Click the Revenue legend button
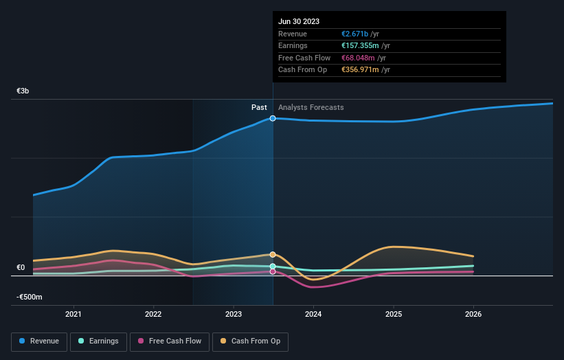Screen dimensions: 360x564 tap(39, 341)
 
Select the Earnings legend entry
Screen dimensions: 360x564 tap(98, 341)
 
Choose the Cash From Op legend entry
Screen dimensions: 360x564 tap(250, 341)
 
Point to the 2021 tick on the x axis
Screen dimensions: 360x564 tap(73, 315)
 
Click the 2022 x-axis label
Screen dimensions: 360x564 tap(153, 315)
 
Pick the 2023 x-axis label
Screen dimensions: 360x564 tap(234, 315)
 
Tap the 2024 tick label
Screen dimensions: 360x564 tap(313, 315)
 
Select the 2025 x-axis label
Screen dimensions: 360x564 tap(394, 315)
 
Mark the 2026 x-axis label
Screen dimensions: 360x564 tap(473, 315)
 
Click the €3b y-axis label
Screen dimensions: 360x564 tap(23, 91)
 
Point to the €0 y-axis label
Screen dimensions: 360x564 tap(21, 267)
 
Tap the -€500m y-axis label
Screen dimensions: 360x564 tap(30, 297)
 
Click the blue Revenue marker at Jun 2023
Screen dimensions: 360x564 tap(273, 118)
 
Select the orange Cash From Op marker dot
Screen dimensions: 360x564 tap(273, 254)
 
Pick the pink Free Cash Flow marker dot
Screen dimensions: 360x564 tap(273, 271)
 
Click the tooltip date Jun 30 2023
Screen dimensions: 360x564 tap(299, 21)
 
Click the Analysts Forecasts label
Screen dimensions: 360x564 tap(311, 107)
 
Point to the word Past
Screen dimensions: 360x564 tap(259, 107)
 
